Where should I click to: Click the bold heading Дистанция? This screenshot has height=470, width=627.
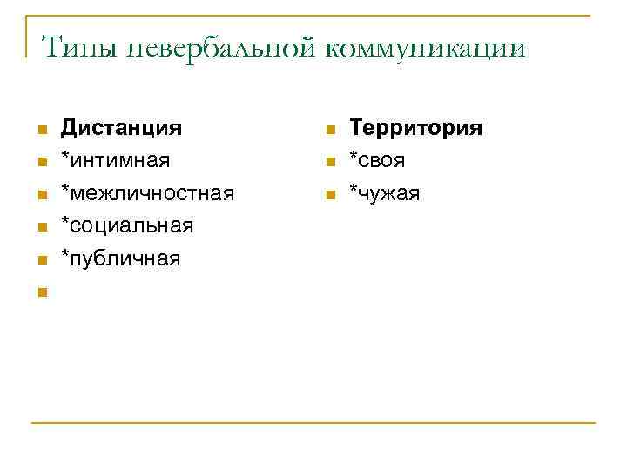tap(121, 128)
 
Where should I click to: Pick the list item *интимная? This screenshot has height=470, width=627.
tap(115, 160)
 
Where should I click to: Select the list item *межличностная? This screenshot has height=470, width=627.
tap(146, 192)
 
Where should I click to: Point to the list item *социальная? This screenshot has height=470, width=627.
tap(126, 225)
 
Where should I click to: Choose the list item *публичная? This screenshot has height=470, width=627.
tap(120, 258)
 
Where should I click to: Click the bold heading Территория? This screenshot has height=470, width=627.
tap(415, 128)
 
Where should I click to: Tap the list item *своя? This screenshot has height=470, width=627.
tap(377, 160)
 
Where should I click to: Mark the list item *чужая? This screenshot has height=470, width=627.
tap(384, 192)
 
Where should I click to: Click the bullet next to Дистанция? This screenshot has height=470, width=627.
tap(40, 130)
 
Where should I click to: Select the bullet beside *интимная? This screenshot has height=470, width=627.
tap(40, 162)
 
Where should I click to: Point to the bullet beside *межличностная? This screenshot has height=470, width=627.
tap(40, 194)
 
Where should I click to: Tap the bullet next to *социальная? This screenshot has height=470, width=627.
tap(40, 227)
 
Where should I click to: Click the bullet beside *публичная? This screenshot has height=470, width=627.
tap(40, 259)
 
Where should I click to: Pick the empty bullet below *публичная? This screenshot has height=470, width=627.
tap(40, 292)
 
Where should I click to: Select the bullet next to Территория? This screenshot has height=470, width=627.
tap(330, 130)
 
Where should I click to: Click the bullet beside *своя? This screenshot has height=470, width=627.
tap(330, 162)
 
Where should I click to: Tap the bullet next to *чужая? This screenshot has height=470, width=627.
tap(330, 194)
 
